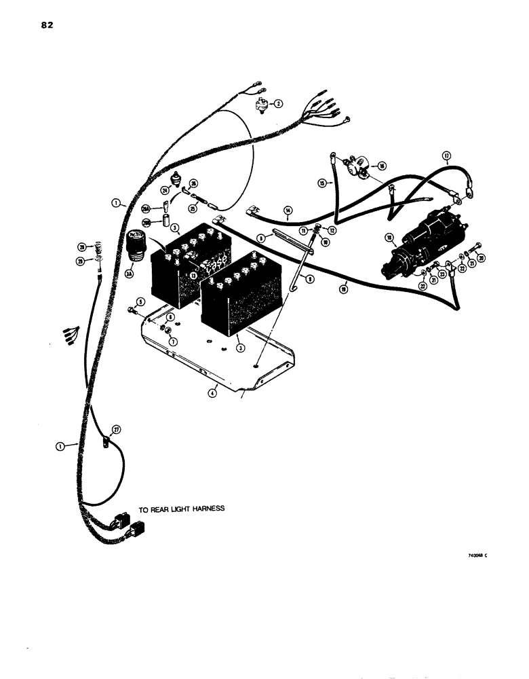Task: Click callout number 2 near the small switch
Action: point(277,103)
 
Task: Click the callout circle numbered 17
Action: point(446,156)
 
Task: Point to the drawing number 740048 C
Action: point(477,555)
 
